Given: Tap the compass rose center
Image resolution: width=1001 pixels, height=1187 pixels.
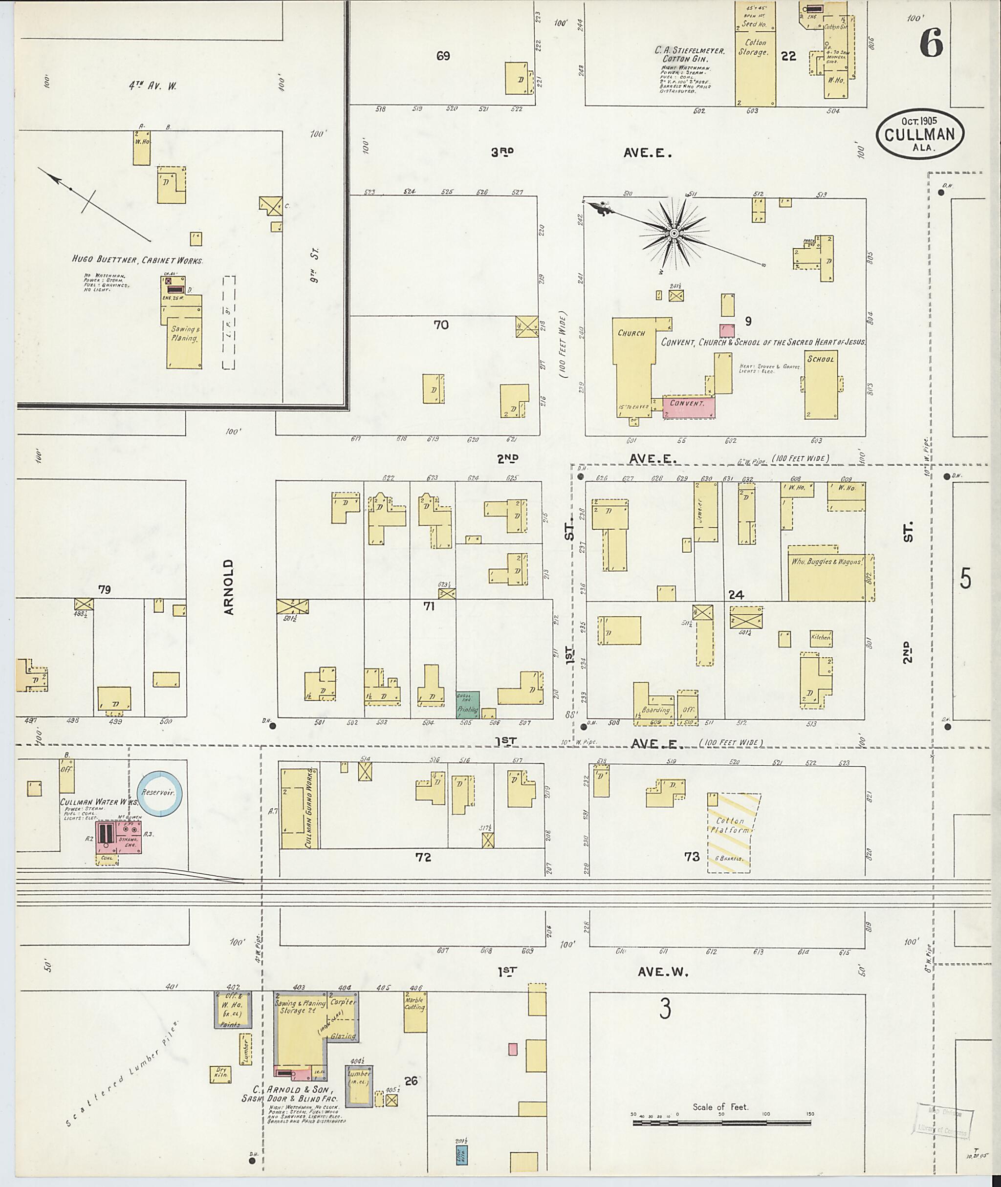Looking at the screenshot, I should [674, 233].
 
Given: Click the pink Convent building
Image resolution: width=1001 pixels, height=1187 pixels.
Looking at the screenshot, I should [688, 406].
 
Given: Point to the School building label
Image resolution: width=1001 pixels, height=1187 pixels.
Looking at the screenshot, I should [821, 359].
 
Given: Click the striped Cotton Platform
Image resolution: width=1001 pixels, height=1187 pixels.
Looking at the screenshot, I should [733, 832].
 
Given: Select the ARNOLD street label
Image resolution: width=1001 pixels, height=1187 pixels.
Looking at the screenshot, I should [229, 587].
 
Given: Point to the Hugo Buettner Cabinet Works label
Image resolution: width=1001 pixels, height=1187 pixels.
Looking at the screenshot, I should [137, 260].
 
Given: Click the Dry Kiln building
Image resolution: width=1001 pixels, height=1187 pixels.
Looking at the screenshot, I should [221, 1072].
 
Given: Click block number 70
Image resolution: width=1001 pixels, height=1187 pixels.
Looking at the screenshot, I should [441, 324].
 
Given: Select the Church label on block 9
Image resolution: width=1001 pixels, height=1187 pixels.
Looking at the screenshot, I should [631, 333].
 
